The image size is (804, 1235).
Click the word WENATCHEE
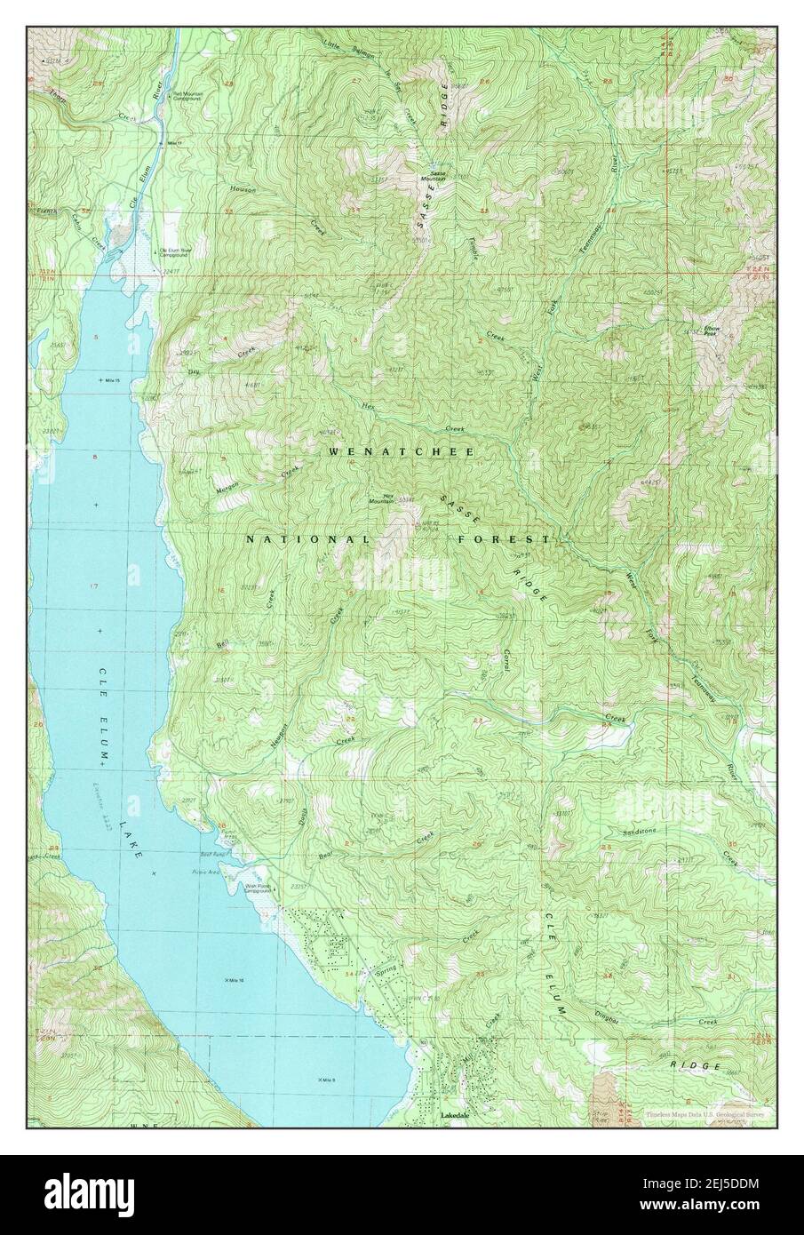[402, 452]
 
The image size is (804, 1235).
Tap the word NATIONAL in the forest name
[307, 540]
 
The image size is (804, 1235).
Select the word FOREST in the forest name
[505, 540]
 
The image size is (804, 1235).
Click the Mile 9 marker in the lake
[324, 1080]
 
